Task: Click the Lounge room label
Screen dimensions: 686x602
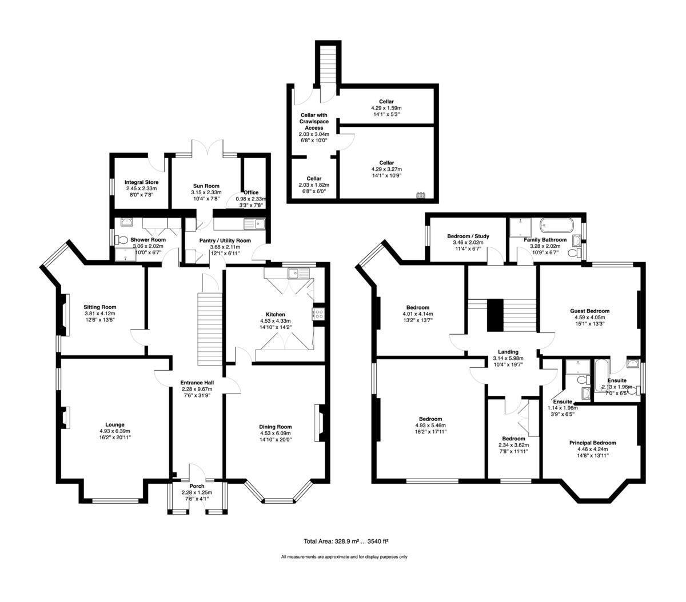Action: [115, 424]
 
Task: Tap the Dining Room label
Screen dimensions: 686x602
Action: [275, 427]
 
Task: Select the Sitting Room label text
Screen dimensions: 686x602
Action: [100, 307]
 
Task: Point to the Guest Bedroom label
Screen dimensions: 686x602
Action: [589, 311]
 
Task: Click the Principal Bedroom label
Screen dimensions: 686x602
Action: [592, 443]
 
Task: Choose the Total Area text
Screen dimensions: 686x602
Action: [346, 541]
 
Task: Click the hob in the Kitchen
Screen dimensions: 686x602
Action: [318, 314]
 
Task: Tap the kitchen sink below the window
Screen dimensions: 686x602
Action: [298, 273]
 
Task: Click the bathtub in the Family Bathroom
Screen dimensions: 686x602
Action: [556, 224]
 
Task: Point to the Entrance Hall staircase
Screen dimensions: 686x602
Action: [209, 329]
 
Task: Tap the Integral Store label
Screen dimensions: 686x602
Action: [141, 182]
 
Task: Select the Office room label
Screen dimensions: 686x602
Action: [251, 192]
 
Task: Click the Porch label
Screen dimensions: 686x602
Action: [197, 486]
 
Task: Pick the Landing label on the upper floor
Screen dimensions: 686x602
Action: [508, 352]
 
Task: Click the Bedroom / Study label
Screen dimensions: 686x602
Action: [468, 236]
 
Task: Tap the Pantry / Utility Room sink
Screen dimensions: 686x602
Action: [254, 224]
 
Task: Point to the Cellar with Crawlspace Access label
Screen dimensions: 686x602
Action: [314, 121]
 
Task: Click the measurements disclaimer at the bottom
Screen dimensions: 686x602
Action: [344, 557]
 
